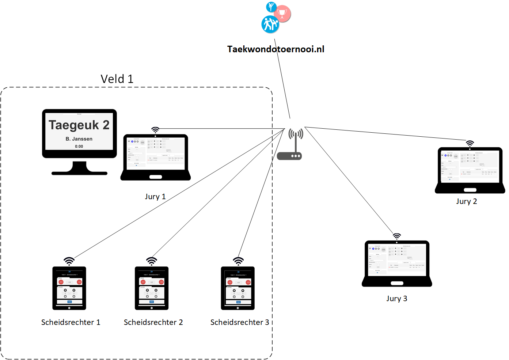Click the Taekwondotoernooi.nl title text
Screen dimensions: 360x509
[x=276, y=49]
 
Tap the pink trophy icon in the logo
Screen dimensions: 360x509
[x=282, y=13]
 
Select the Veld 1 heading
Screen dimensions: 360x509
[x=117, y=79]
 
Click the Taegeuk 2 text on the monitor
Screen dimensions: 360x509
[x=79, y=125]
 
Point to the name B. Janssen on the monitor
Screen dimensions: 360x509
[x=79, y=139]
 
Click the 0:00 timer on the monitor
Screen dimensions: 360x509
[x=79, y=147]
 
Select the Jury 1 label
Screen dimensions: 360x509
[x=155, y=197]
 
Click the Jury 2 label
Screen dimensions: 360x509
[x=466, y=201]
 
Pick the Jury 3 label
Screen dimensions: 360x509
[x=396, y=299]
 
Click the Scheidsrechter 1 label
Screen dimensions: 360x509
[x=71, y=322]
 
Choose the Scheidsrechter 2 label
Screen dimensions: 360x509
[x=153, y=322]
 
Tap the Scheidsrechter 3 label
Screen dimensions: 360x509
[x=239, y=322]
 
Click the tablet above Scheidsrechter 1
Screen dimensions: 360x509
[x=69, y=288]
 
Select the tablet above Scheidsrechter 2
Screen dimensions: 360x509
[x=152, y=288]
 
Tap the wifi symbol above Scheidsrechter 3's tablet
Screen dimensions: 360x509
[x=238, y=261]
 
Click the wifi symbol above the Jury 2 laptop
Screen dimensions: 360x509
[x=470, y=143]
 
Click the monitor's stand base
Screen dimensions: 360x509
[x=79, y=173]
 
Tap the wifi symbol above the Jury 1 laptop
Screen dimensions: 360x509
[x=155, y=130]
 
